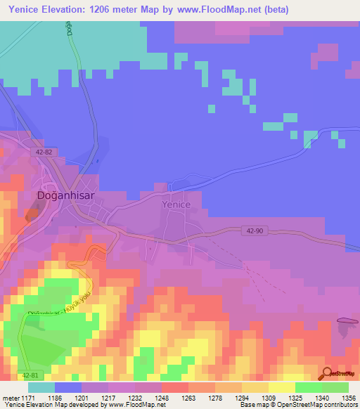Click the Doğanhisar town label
(67, 196)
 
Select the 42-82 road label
(44, 151)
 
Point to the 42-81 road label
(25, 376)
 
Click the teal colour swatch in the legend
(41, 387)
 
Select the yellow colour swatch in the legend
(281, 387)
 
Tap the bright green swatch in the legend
(308, 387)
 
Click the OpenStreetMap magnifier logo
(327, 372)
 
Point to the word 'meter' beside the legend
(8, 397)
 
